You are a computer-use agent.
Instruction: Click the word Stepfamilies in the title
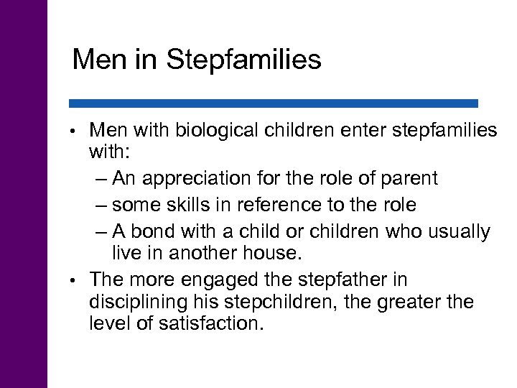coord(244,60)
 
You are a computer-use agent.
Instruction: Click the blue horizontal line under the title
coord(274,103)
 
